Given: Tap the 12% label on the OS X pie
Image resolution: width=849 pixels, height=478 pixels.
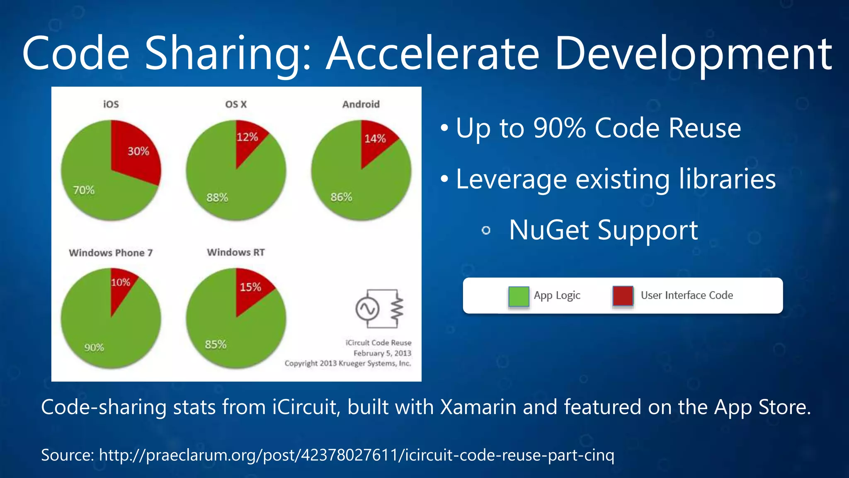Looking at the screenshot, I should (247, 137).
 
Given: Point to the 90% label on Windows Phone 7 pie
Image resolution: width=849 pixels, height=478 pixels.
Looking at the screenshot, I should (94, 348).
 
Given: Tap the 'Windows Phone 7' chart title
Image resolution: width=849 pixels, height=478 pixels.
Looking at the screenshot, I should (111, 253).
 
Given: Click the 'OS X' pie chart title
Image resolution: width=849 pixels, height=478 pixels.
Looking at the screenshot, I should (236, 104).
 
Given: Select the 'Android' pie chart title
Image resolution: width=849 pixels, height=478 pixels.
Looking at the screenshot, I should (361, 104).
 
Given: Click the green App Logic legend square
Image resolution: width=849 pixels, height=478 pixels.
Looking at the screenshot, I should (519, 296).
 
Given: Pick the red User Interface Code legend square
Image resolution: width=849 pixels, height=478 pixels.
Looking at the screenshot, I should (623, 296).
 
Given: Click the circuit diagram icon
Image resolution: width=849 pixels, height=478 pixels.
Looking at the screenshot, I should (379, 309).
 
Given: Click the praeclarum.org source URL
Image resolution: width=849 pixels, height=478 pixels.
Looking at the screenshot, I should (356, 455).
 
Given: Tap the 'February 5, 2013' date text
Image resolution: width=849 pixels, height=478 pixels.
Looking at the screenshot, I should (382, 353).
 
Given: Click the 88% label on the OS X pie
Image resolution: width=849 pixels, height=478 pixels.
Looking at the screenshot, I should (217, 198).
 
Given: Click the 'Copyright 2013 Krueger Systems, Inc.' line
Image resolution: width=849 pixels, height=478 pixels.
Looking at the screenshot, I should (347, 363).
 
